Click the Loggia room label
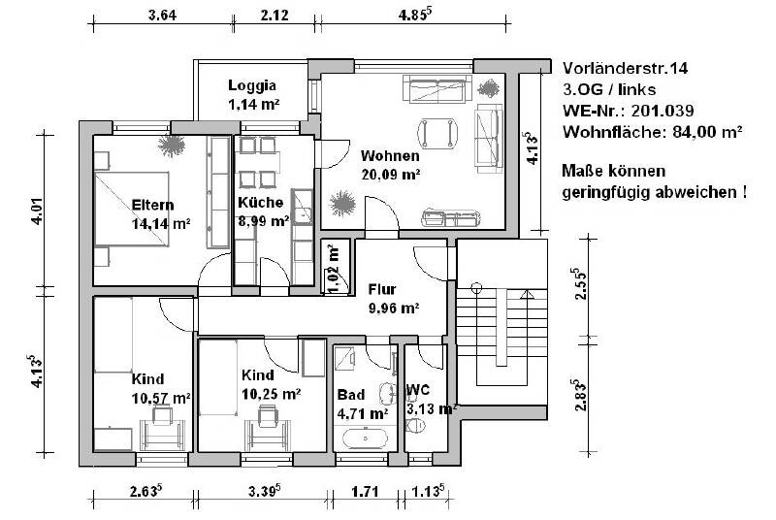[252, 84]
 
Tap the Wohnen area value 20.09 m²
[390, 175]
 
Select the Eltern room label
[152, 205]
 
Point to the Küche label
[260, 203]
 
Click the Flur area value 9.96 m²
[393, 309]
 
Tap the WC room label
[418, 389]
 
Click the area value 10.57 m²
[161, 398]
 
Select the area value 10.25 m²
[271, 393]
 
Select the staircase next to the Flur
[495, 330]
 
